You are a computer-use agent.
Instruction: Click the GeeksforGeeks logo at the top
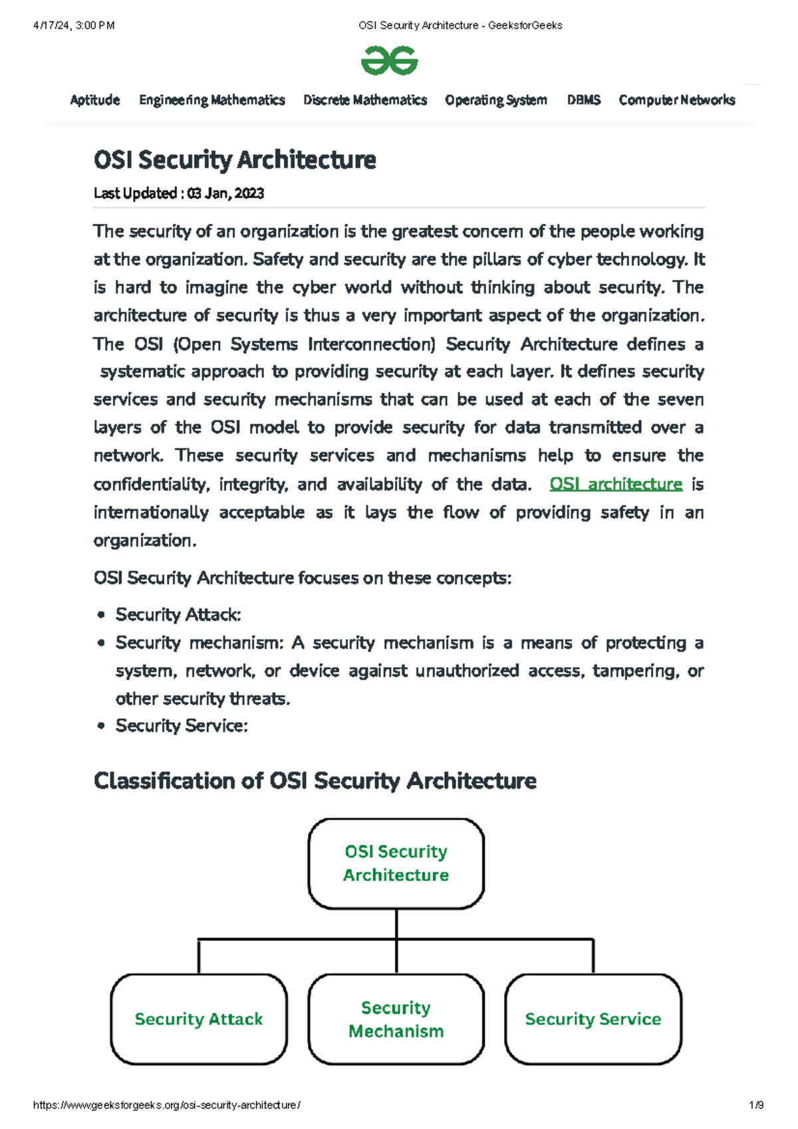coord(389,61)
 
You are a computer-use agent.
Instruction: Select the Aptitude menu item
coord(95,100)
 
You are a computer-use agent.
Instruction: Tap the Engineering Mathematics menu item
coord(211,100)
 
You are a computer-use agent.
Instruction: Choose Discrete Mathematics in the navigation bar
coord(365,100)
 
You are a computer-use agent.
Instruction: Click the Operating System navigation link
coord(496,100)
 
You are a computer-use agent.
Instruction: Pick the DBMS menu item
coord(583,100)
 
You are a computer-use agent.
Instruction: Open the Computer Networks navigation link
coord(677,100)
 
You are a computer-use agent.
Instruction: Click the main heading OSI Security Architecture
coord(235,160)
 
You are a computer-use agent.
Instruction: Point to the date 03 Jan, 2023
coord(225,193)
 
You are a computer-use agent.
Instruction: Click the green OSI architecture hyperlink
coord(616,484)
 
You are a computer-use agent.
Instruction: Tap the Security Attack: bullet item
coord(178,614)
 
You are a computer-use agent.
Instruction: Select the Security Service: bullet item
coord(182,725)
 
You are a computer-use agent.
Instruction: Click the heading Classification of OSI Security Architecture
coord(315,780)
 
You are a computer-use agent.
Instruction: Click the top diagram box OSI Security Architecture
coord(396,863)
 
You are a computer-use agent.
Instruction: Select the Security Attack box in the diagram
coord(198,1019)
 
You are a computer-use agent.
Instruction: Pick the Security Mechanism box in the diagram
coord(396,1019)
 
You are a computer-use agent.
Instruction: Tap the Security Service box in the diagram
coord(593,1019)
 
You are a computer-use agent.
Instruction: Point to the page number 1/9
coord(755,1105)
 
